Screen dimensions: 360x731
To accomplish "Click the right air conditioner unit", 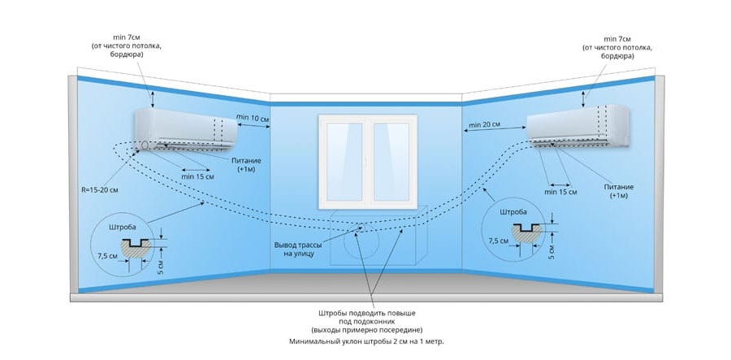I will pos(577,127).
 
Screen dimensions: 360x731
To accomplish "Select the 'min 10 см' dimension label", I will pos(253,118).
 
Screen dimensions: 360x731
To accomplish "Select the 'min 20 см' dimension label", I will pos(483,124).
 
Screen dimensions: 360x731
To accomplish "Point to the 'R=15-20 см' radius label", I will pos(101,190).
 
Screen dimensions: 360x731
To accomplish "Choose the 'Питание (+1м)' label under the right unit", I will pos(618,192).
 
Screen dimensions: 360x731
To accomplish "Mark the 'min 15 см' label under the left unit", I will pos(198,176).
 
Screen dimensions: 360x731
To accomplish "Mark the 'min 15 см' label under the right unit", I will pos(560,193).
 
